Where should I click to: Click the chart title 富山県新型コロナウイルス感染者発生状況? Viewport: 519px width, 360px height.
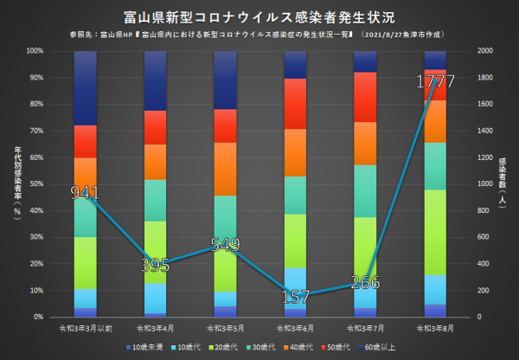tap(259, 16)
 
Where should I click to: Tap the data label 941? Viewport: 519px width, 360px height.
tap(85, 192)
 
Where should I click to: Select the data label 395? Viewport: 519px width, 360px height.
tap(156, 265)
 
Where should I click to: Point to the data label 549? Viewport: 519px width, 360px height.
tap(225, 244)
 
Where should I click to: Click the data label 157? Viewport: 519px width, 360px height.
tap(296, 297)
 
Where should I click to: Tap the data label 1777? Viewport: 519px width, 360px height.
tap(435, 82)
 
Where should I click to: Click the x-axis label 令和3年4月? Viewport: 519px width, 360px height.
tap(156, 329)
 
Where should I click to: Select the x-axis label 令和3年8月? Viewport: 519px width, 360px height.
tap(435, 329)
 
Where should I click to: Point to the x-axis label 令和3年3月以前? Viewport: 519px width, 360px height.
tap(85, 329)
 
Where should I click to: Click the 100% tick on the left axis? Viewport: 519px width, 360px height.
tap(37, 51)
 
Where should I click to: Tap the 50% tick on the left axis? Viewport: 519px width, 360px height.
tap(39, 184)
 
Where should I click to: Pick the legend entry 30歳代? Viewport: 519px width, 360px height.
tap(260, 347)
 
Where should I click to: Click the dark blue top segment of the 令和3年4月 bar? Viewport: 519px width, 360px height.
tap(156, 80)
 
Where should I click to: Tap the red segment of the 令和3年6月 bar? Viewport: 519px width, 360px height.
tap(296, 104)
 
